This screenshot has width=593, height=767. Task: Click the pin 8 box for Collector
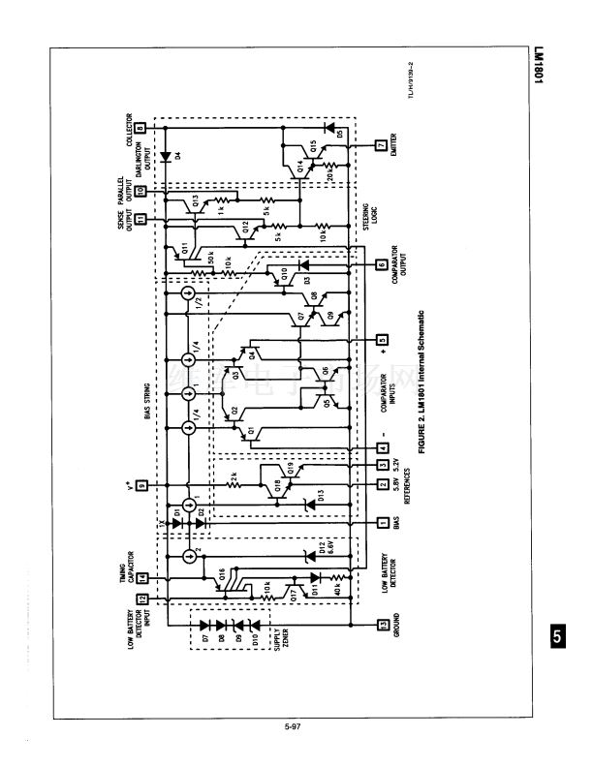click(141, 127)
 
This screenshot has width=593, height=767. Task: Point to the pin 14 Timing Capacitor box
click(141, 577)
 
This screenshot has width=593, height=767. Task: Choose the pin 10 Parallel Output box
click(141, 192)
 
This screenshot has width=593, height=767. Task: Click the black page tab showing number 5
click(556, 636)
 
